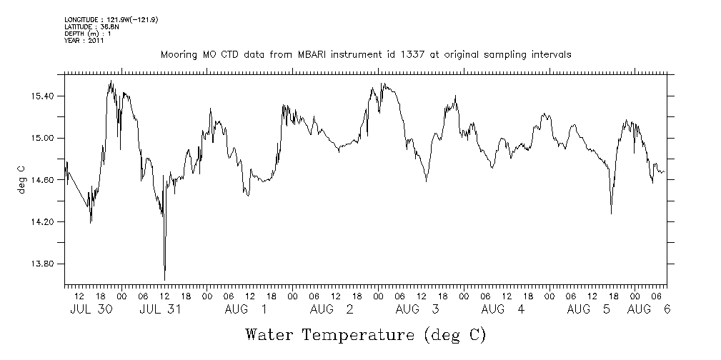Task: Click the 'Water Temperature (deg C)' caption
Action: pyautogui.click(x=366, y=334)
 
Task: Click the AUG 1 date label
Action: pyautogui.click(x=247, y=309)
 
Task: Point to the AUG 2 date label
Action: pyautogui.click(x=332, y=309)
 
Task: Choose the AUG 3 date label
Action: pyautogui.click(x=418, y=309)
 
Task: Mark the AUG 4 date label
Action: pyautogui.click(x=504, y=309)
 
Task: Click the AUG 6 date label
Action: pyautogui.click(x=649, y=309)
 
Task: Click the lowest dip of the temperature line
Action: pyautogui.click(x=164, y=279)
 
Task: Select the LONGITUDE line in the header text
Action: pyautogui.click(x=111, y=19)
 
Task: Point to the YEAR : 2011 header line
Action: pyautogui.click(x=85, y=41)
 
